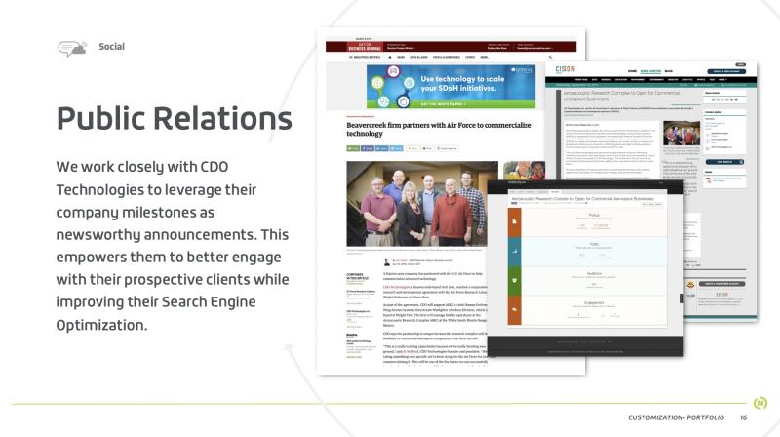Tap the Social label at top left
pos(111,47)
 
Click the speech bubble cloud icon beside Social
pos(73,48)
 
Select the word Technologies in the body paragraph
pos(103,188)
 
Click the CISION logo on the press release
pos(566,70)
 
